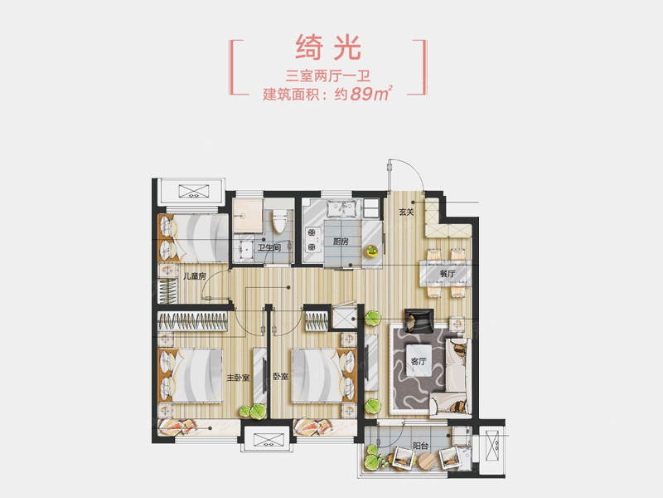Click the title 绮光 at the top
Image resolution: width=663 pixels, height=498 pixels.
click(328, 47)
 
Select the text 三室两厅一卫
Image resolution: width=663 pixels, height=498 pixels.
click(328, 76)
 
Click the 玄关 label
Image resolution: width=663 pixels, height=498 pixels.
click(406, 212)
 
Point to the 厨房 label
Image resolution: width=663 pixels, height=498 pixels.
click(341, 242)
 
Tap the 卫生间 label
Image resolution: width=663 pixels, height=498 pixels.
click(269, 247)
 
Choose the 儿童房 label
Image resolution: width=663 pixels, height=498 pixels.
click(194, 276)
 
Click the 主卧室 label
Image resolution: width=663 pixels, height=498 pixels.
click(238, 377)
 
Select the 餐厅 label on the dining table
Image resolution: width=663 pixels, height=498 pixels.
click(447, 274)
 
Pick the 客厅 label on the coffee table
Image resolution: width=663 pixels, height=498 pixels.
click(419, 361)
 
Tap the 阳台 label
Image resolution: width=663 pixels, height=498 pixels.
click(421, 446)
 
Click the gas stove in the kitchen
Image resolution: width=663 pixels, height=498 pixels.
click(312, 239)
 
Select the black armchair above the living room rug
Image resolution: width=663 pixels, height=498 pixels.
click(419, 320)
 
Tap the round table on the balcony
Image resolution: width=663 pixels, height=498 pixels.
click(426, 461)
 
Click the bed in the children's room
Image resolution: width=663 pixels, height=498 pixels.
click(194, 238)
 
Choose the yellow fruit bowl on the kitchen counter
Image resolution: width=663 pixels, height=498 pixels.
click(371, 251)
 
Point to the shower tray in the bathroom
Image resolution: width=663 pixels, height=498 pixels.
click(248, 216)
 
